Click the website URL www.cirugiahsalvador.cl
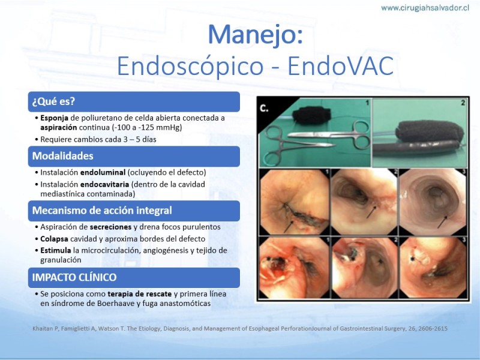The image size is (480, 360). pyautogui.click(x=425, y=8)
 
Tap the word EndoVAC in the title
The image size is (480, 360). pyautogui.click(x=340, y=65)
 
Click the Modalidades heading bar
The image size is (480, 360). pyautogui.click(x=134, y=156)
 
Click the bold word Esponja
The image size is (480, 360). pyautogui.click(x=54, y=118)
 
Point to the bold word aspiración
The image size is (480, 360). pyautogui.click(x=58, y=127)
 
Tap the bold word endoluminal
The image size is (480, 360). pyautogui.click(x=103, y=172)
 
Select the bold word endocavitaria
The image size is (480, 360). pyautogui.click(x=104, y=184)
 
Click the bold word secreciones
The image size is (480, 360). pyautogui.click(x=110, y=227)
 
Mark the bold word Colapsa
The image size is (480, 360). pyautogui.click(x=54, y=239)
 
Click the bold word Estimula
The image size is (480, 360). pyautogui.click(x=56, y=250)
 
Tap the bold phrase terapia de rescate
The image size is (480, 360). pyautogui.click(x=139, y=294)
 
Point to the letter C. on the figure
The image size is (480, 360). pyautogui.click(x=264, y=108)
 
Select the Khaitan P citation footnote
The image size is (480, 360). pyautogui.click(x=239, y=328)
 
